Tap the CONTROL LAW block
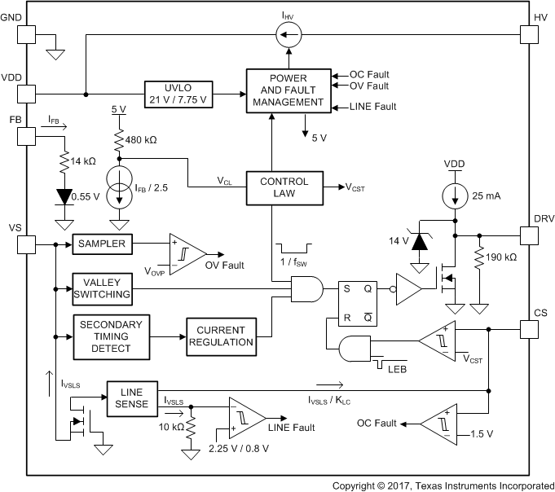click(284, 188)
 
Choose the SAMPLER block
click(108, 243)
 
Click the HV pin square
click(530, 34)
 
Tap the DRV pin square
click(530, 235)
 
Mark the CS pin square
click(530, 328)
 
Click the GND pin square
click(26, 34)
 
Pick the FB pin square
click(26, 136)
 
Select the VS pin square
click(26, 244)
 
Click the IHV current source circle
click(289, 34)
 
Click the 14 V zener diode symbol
click(421, 242)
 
